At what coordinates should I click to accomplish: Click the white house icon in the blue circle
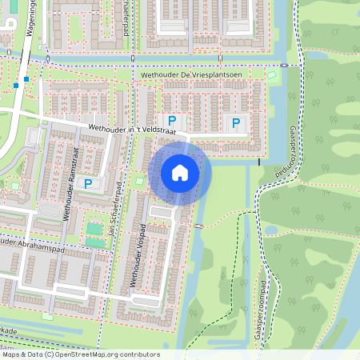coord(180,172)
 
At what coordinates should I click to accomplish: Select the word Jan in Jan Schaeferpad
coord(115,234)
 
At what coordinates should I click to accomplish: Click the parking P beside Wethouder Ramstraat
coord(89,184)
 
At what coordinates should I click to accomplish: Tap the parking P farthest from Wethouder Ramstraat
coord(235,122)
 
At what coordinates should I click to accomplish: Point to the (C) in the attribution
coord(49,354)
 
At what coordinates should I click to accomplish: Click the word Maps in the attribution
coord(11,354)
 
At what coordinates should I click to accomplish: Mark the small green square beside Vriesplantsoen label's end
coord(270,76)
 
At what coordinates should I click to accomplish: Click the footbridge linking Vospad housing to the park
coord(198,226)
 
